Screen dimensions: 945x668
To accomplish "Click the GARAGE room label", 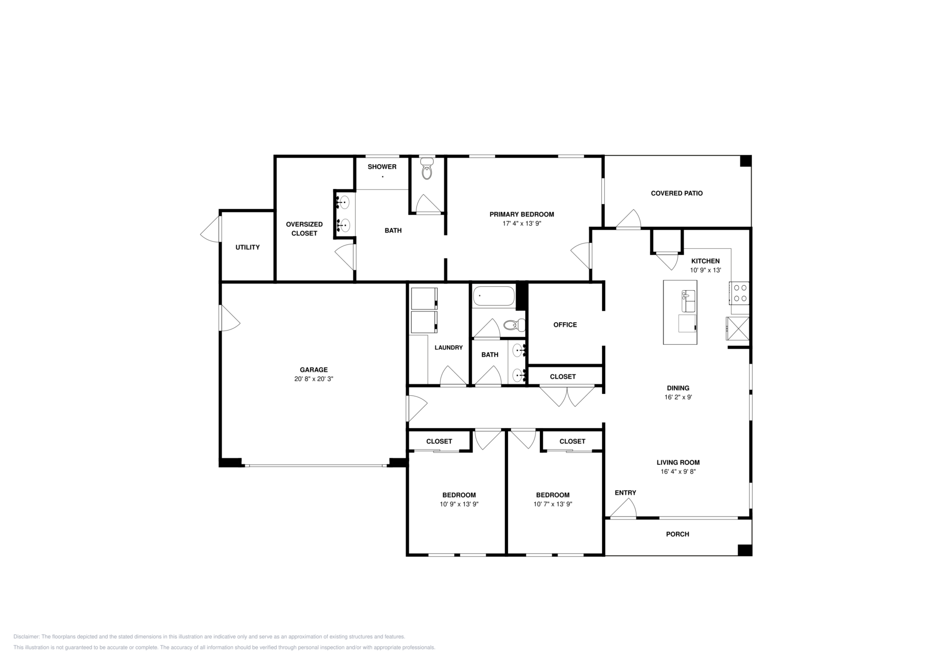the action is pyautogui.click(x=314, y=370).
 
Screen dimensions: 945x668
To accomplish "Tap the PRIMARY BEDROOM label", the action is pyautogui.click(x=522, y=214).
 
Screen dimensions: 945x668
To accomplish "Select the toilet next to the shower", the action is pyautogui.click(x=427, y=168).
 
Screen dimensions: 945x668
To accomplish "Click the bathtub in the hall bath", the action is pyautogui.click(x=494, y=296).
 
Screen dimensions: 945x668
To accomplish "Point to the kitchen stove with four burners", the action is pyautogui.click(x=739, y=293).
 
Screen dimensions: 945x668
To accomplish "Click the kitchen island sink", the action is pyautogui.click(x=688, y=301).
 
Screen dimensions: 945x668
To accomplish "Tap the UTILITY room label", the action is pyautogui.click(x=248, y=247).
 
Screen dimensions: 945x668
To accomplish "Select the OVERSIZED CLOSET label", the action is pyautogui.click(x=304, y=229).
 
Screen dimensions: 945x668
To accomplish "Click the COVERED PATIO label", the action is pyautogui.click(x=677, y=193).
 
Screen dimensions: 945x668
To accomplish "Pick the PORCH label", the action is pyautogui.click(x=678, y=534).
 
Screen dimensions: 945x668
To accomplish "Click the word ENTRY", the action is pyautogui.click(x=626, y=493).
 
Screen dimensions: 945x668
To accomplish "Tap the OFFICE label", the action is pyautogui.click(x=565, y=325).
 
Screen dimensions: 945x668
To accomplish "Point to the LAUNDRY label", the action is pyautogui.click(x=448, y=348).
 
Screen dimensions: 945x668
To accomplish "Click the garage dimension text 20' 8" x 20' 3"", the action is pyautogui.click(x=314, y=379).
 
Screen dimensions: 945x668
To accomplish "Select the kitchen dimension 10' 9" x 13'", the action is pyautogui.click(x=705, y=271).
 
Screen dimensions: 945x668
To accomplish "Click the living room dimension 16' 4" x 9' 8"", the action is pyautogui.click(x=678, y=472).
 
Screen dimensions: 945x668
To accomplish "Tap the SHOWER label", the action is pyautogui.click(x=382, y=167).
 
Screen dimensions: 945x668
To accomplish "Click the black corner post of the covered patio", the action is pyautogui.click(x=746, y=161).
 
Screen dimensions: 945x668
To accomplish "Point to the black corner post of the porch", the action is pyautogui.click(x=745, y=550).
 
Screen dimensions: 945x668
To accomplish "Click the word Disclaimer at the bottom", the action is pyautogui.click(x=26, y=637).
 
